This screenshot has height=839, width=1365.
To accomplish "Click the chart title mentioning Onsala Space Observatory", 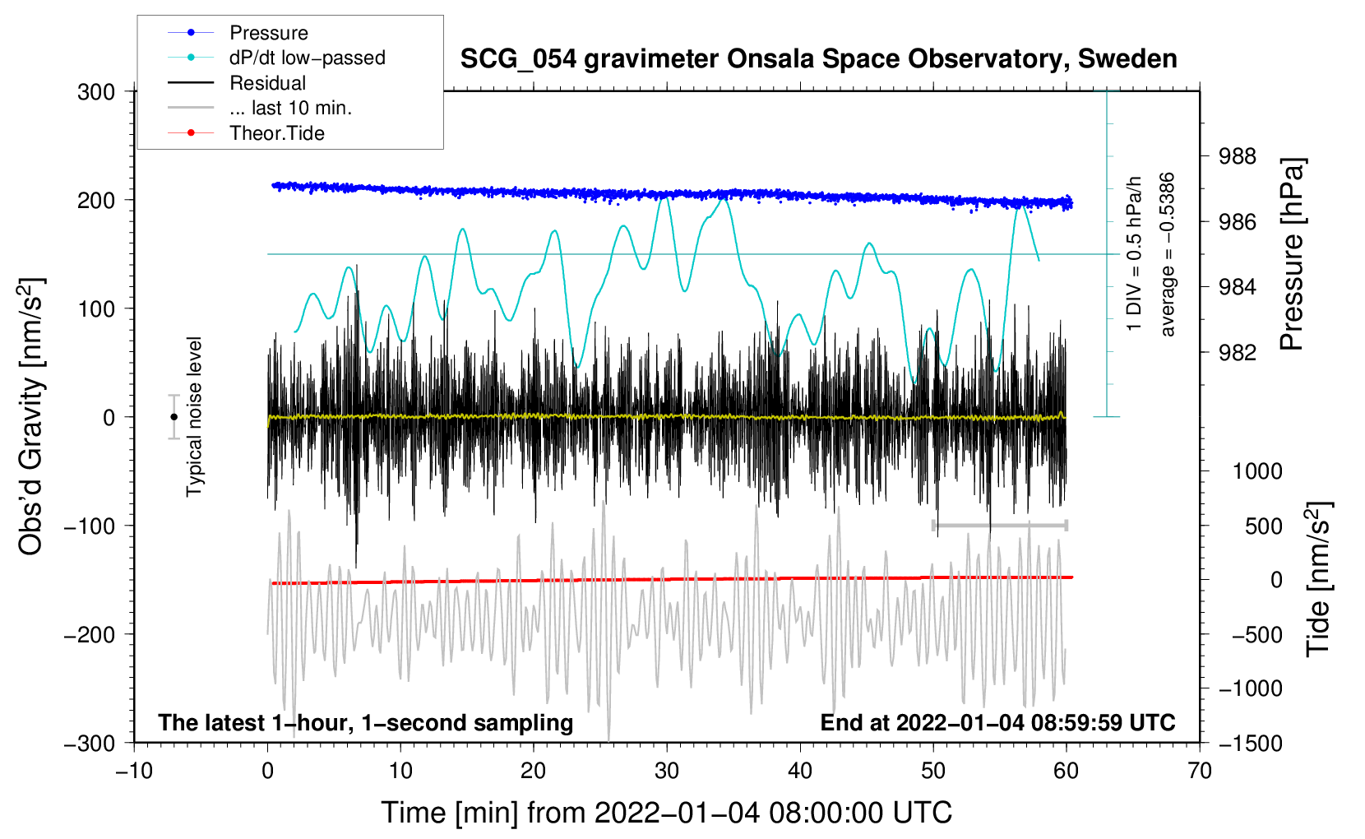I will [818, 59].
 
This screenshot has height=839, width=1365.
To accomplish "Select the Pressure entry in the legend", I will [268, 33].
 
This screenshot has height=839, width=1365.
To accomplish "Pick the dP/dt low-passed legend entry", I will [307, 58].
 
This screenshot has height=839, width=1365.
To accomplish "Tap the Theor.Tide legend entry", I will [276, 133].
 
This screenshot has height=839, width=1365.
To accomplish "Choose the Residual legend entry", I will [267, 83].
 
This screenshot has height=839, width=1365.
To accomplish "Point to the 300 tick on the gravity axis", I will [96, 92].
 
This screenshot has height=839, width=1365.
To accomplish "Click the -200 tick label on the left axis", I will [90, 634].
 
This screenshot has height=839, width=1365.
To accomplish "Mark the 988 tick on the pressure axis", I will [1238, 156].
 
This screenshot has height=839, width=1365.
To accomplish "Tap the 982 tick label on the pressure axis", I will [1238, 353].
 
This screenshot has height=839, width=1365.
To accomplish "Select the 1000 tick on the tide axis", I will [1256, 471].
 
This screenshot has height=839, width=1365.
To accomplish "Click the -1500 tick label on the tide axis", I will [1250, 743].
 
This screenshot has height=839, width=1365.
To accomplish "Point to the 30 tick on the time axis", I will [667, 771].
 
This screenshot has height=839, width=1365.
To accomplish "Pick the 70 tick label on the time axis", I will [1200, 771].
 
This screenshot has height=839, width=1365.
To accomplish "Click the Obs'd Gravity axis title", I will [30, 417].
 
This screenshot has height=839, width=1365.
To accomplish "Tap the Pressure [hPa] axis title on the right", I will [1293, 255].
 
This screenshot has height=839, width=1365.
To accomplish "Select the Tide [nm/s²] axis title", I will [1318, 578].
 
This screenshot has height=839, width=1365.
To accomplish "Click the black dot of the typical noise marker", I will [174, 417].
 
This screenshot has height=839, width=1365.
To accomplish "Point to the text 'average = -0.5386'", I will [1167, 255].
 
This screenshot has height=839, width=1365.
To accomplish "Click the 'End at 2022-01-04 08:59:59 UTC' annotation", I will [997, 723].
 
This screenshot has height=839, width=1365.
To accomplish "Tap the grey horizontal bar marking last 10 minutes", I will [999, 525].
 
